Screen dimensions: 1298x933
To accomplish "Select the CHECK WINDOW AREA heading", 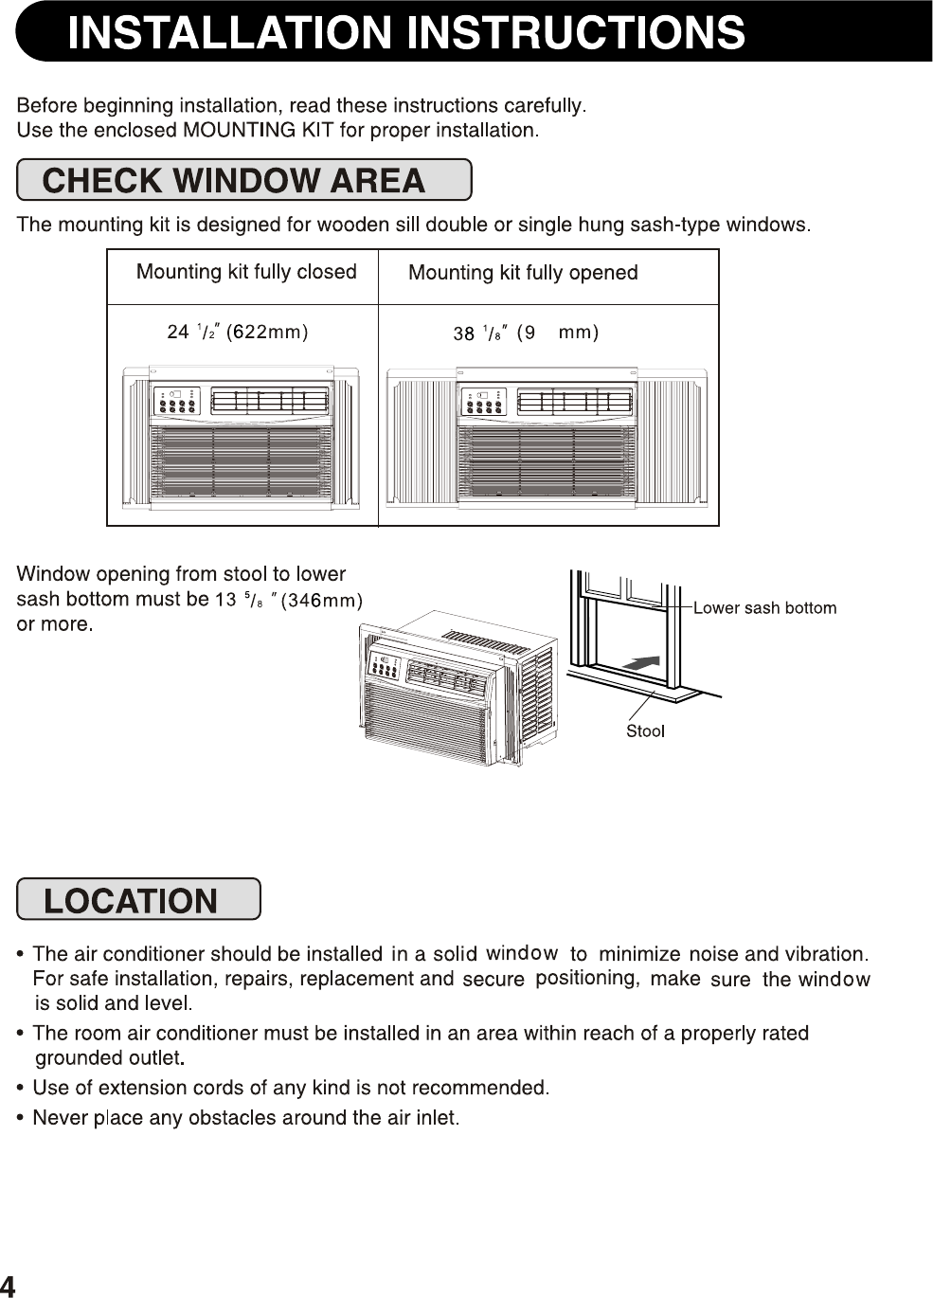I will pyautogui.click(x=234, y=180).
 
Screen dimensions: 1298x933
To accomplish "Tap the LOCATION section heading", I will pyautogui.click(x=131, y=900).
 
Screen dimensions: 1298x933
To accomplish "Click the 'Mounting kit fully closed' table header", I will pyautogui.click(x=246, y=272).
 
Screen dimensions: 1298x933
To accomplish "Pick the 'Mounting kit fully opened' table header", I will pyautogui.click(x=523, y=273).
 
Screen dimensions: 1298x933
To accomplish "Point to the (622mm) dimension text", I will pyautogui.click(x=267, y=332).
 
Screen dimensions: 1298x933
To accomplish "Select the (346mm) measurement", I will pyautogui.click(x=323, y=600).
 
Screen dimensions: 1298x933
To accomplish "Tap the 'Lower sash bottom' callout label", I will pyautogui.click(x=764, y=608).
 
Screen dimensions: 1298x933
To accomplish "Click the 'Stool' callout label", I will pyautogui.click(x=645, y=731).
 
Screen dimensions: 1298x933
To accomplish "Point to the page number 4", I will pyautogui.click(x=8, y=1286).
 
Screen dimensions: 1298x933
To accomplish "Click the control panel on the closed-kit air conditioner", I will pyautogui.click(x=177, y=402).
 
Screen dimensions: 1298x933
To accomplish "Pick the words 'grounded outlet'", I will pyautogui.click(x=108, y=1057).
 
